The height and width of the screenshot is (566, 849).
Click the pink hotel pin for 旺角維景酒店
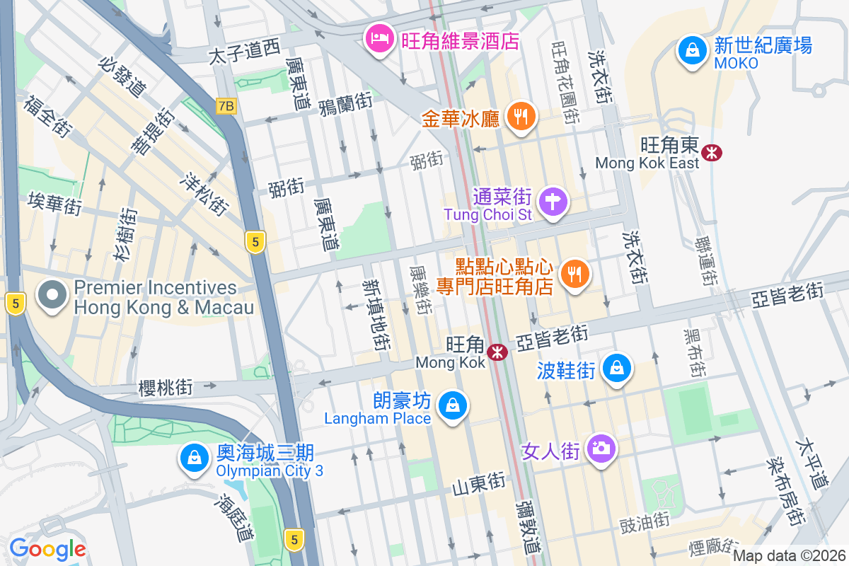point(379,37)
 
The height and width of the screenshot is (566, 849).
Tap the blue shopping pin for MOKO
point(690,50)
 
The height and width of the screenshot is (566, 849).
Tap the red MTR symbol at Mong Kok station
point(498,350)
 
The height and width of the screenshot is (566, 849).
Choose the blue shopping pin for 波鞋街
point(617,368)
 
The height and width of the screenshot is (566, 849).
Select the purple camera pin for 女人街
point(601,448)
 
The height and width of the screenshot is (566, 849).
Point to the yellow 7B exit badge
point(226,106)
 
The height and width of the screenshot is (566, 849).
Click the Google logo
point(47,549)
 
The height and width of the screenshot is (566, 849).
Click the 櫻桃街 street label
point(166,387)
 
